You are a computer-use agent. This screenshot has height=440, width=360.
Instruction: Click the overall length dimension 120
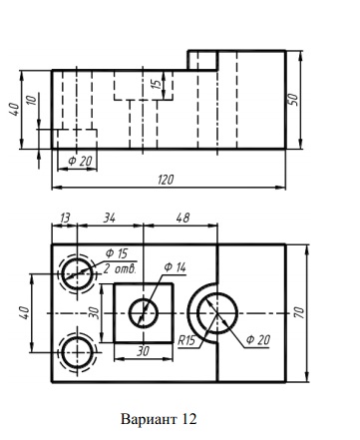click(166, 180)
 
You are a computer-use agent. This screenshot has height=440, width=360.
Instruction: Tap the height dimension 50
click(293, 99)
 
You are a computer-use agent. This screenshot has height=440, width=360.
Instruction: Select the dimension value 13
click(65, 219)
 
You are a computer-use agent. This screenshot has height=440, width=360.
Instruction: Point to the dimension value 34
click(110, 219)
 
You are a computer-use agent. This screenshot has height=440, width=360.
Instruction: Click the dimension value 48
click(182, 218)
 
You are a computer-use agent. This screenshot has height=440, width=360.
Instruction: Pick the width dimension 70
click(299, 312)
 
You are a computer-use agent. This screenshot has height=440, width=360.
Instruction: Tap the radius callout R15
click(186, 341)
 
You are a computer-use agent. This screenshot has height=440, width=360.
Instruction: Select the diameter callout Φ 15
click(117, 253)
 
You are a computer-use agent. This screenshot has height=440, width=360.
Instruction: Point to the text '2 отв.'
click(120, 268)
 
